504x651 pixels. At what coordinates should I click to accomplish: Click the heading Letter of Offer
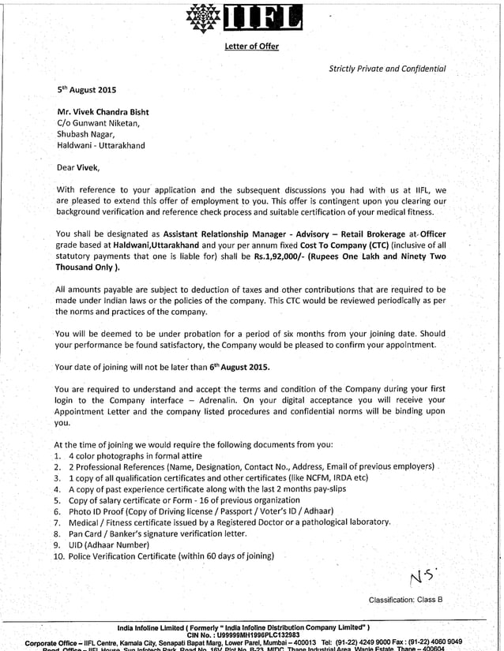point(251,47)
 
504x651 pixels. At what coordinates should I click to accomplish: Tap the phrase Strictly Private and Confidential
point(387,69)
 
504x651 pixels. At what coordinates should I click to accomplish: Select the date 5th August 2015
point(86,91)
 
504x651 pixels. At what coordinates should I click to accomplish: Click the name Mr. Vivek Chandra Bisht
point(103,112)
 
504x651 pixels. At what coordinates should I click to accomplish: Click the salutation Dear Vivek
point(78,167)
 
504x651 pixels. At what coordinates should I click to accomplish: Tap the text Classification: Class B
point(405,600)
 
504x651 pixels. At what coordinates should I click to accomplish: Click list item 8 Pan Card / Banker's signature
point(157,533)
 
